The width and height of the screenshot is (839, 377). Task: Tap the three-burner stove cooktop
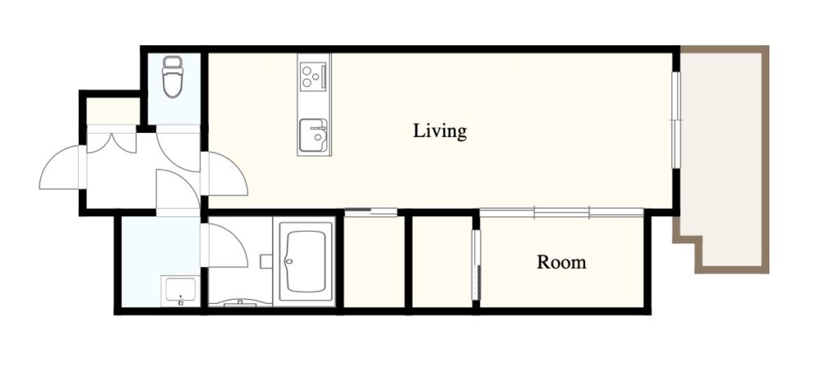click(314, 76)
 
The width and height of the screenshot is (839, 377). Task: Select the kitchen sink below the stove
click(314, 135)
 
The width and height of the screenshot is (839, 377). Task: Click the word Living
click(440, 131)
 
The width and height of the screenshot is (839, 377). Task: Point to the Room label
click(561, 262)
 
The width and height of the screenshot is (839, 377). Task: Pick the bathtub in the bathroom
click(306, 261)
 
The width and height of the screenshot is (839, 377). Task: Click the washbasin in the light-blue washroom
click(180, 291)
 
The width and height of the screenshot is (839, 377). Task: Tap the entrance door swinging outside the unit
click(61, 167)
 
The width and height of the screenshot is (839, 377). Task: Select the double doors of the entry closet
click(111, 140)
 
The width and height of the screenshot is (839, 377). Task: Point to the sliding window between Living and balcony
click(677, 120)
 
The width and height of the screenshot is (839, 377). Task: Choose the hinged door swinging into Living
click(224, 174)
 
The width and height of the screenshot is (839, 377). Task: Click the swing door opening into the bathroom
click(224, 245)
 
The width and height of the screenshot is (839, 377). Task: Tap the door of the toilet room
click(178, 148)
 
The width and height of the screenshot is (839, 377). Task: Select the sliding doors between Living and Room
click(561, 212)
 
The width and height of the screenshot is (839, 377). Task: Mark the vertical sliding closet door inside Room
click(476, 265)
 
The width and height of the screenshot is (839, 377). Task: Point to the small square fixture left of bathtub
click(266, 261)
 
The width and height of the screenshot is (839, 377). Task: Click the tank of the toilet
click(173, 61)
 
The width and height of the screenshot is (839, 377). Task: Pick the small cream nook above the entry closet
click(113, 111)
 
